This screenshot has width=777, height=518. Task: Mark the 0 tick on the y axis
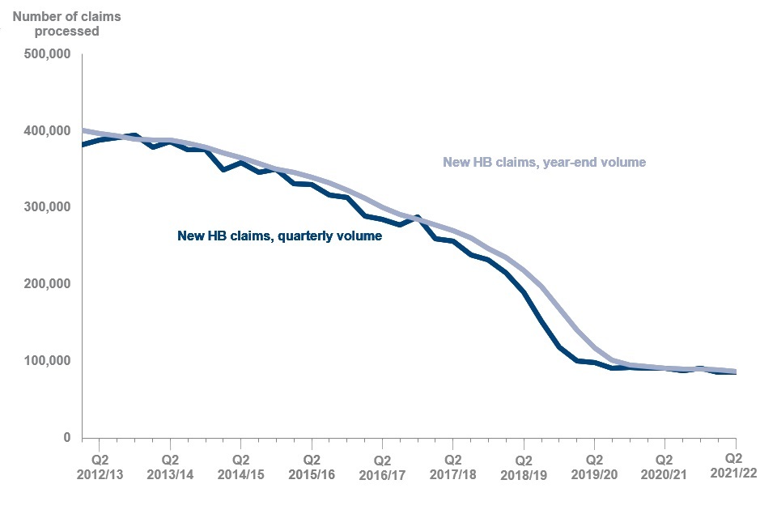66,438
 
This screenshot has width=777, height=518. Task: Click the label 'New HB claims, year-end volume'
545,162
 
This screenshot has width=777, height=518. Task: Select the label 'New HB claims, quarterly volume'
279,237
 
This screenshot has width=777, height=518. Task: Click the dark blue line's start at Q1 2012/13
83,145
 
